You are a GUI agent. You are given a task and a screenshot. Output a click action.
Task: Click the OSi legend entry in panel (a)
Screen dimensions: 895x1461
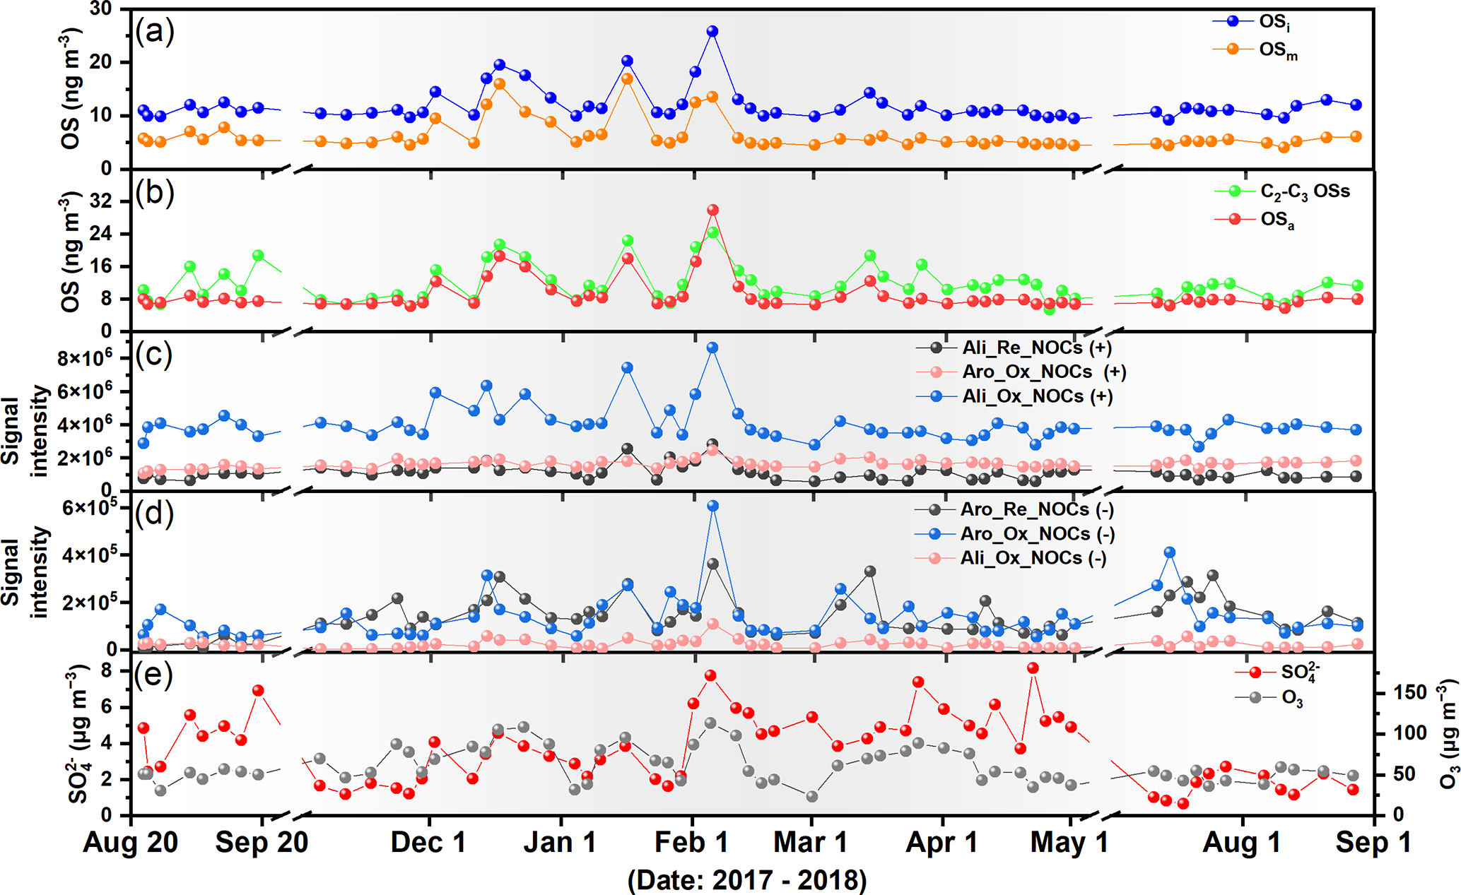1275,22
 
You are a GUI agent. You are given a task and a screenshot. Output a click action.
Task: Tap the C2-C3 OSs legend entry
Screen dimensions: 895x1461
1304,191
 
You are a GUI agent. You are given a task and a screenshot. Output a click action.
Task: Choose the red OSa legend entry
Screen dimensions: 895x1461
1277,220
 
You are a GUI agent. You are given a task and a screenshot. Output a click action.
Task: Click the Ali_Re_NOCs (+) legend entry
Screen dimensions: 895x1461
1035,348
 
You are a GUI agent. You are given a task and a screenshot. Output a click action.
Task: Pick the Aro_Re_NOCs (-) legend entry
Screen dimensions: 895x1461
1036,509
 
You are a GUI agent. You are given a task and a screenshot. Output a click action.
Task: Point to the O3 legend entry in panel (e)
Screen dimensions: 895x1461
1291,699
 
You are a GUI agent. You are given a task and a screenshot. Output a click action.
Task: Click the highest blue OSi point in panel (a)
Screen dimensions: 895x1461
712,32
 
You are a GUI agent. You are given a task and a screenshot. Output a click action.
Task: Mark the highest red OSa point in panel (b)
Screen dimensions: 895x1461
712,210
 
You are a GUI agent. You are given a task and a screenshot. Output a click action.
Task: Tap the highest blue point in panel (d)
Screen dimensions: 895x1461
712,506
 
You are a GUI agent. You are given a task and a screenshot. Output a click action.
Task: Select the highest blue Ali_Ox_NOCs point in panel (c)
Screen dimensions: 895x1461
712,348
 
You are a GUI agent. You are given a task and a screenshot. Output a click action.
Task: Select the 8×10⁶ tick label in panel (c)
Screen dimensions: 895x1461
84,358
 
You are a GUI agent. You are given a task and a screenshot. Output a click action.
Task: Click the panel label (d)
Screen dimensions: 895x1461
154,514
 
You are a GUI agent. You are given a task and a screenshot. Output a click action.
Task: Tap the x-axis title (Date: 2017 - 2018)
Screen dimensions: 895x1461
747,880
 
